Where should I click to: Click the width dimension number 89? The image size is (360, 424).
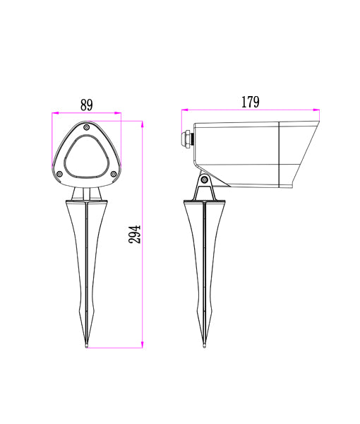coord(86,105)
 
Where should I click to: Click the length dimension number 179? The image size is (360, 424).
coord(250,102)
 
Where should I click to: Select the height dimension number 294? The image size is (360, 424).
coord(135,234)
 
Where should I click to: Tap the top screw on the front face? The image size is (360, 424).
coord(86,128)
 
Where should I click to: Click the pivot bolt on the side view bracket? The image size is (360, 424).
coord(205,179)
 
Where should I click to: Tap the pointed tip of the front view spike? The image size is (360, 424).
coord(86,347)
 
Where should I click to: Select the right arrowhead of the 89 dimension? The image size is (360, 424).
coord(119,113)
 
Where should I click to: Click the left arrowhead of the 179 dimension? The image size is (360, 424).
coord(184,110)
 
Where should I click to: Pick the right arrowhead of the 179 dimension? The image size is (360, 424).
coord(317,110)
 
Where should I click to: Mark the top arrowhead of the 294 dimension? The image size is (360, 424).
coord(143,124)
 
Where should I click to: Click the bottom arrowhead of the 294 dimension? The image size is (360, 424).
coord(143,346)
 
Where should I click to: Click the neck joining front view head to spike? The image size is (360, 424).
coord(86,193)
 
